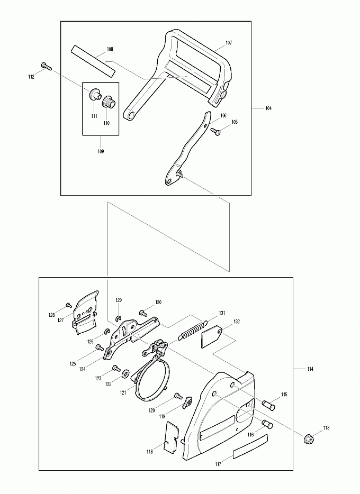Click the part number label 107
(229, 43)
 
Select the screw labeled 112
(46, 66)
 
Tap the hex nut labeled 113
(308, 438)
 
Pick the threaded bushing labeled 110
(110, 101)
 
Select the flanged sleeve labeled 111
(95, 94)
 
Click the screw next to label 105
(216, 131)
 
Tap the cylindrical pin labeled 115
(268, 405)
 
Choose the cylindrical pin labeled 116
(267, 424)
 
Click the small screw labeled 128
(68, 305)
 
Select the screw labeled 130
(143, 313)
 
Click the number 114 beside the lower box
(310, 369)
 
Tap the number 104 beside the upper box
(268, 108)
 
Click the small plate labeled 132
(212, 337)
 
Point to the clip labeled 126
(107, 332)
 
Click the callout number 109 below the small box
(100, 151)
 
